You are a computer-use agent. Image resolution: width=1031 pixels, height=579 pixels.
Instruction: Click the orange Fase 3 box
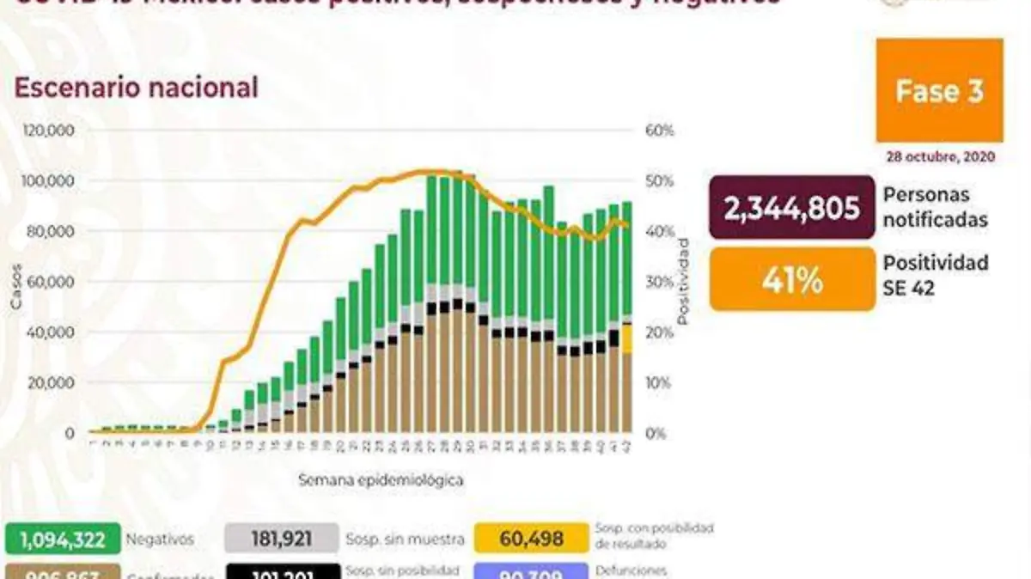point(939,90)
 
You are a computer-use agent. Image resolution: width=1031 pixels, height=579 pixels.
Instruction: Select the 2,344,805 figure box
point(791,207)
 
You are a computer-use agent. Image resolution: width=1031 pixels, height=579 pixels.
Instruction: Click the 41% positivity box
point(791,281)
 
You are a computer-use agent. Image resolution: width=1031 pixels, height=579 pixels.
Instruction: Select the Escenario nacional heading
point(136,88)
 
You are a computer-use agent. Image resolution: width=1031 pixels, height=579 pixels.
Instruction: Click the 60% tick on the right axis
point(660,131)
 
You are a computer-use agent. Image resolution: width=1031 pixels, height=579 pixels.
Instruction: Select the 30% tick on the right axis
point(660,282)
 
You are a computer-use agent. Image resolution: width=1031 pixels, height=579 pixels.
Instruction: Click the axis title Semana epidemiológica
point(381,479)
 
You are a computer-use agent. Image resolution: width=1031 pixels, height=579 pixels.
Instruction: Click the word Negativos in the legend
point(159,539)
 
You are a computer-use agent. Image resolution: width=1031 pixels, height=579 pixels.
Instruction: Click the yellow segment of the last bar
point(627,338)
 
